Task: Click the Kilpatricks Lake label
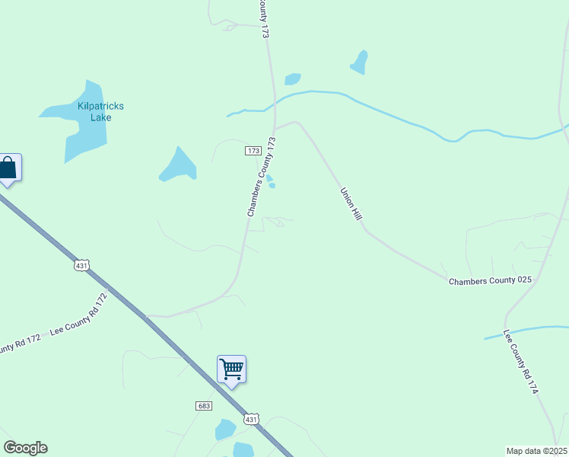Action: [x=100, y=112]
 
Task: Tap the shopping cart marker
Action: [x=231, y=370]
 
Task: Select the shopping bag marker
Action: [x=8, y=168]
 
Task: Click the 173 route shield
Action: [x=253, y=151]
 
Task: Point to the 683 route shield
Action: [x=203, y=407]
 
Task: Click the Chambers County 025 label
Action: [x=489, y=281]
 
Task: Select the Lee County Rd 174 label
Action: [x=521, y=362]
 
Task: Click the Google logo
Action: [x=25, y=448]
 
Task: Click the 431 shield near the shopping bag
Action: [x=82, y=265]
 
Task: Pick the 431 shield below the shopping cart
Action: [x=252, y=420]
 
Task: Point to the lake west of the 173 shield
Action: [x=178, y=165]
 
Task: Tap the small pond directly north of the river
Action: [x=292, y=79]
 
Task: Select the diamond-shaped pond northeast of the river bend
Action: [x=359, y=62]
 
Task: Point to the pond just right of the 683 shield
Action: [x=225, y=430]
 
